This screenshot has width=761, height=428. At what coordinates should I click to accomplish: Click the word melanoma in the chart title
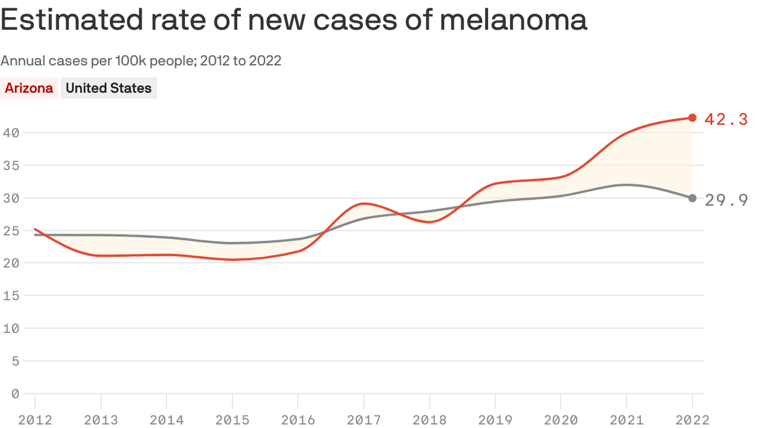(x=513, y=20)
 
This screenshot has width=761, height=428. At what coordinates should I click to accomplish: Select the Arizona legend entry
(x=29, y=88)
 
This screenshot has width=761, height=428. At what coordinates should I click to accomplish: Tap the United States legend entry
(x=109, y=88)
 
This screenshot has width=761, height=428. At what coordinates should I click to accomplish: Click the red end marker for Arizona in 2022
(x=692, y=118)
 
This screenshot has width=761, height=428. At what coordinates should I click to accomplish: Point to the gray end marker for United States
(x=692, y=198)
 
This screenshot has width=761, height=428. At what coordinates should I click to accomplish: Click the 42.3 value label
(x=726, y=119)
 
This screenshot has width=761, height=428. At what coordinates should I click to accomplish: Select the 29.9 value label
(x=726, y=200)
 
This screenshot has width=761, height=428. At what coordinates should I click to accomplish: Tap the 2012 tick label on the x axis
(x=35, y=420)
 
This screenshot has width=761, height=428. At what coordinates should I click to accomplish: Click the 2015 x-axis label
(x=232, y=420)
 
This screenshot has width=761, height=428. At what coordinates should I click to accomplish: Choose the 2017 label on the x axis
(x=364, y=420)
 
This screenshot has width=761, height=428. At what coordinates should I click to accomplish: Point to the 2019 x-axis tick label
(x=495, y=420)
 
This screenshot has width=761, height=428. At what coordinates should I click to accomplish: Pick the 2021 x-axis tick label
(x=627, y=420)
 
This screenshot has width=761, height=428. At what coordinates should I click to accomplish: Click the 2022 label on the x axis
(x=692, y=420)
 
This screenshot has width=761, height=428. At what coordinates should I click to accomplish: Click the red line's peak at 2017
(x=363, y=203)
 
